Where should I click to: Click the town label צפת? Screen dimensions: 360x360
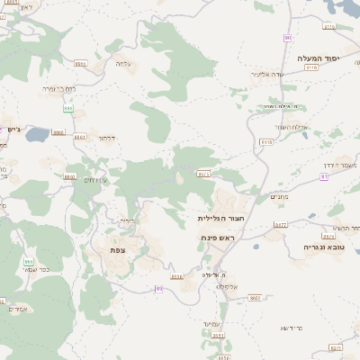coord(117,249)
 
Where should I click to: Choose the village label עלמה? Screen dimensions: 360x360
coord(123,64)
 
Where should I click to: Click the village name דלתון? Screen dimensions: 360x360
coord(105,139)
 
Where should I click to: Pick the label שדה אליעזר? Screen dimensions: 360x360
coord(267,74)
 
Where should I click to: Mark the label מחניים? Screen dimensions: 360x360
coord(279,197)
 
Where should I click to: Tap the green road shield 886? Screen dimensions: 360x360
coord(67,107)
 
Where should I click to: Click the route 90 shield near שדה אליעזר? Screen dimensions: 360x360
coord(287,38)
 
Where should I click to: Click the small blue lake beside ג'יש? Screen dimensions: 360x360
coord(39,135)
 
